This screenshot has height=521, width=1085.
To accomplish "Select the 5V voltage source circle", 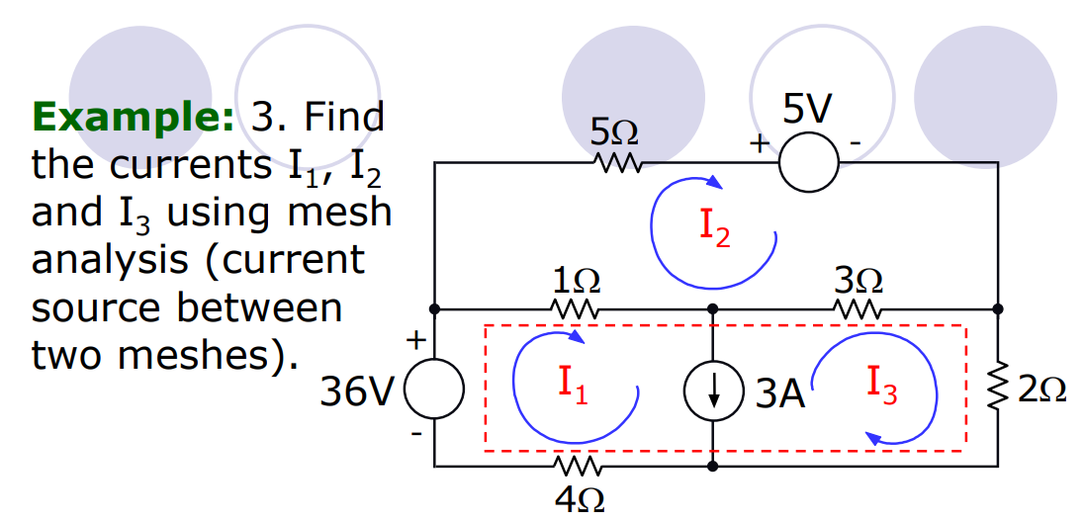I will point(809,160).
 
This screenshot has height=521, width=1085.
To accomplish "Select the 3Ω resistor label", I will point(857,280).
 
